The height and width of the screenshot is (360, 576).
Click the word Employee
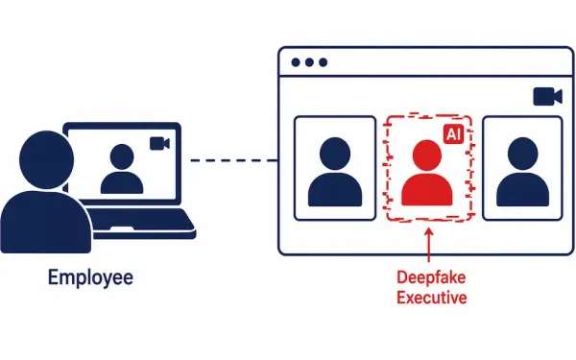tap(90, 278)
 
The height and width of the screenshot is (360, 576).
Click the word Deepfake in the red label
tap(431, 277)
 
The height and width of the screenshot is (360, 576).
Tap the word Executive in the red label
tap(432, 298)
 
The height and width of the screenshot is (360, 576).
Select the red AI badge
tap(453, 133)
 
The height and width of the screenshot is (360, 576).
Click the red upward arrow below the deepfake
tap(429, 245)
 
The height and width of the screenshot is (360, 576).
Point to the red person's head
tap(427, 155)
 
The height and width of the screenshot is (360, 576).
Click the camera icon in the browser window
tap(547, 97)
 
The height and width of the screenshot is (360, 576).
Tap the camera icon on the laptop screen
tap(159, 143)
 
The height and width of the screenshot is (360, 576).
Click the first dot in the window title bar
tap(296, 62)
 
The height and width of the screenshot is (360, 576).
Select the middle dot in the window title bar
tap(309, 62)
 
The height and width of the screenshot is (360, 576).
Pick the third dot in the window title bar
tap(324, 62)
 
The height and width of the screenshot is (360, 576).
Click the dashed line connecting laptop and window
tap(234, 160)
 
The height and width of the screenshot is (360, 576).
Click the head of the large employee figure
tap(46, 159)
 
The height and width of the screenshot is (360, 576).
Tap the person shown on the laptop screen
tap(122, 169)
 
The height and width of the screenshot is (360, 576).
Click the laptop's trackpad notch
tap(122, 229)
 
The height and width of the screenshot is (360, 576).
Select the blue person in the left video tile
tap(335, 172)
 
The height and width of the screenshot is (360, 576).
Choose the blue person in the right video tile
tap(523, 172)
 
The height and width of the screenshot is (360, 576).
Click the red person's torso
tap(427, 189)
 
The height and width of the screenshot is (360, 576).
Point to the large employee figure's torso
tap(45, 223)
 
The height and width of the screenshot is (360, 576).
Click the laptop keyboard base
tap(141, 224)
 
